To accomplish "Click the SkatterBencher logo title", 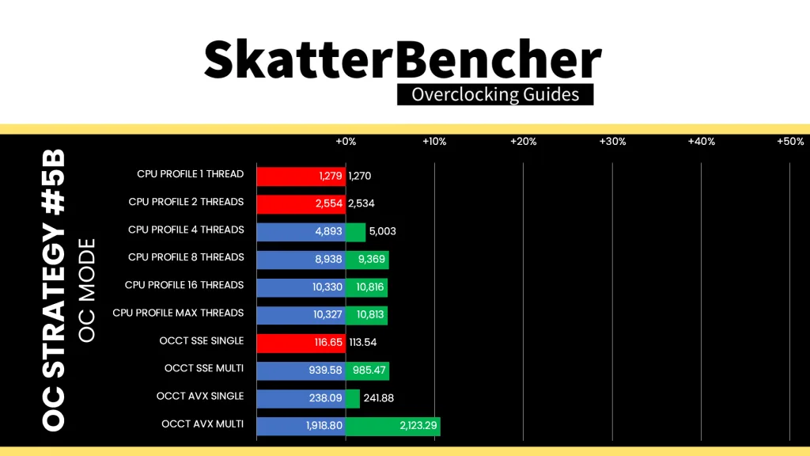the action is [403, 60].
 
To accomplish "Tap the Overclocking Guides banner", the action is [495, 95].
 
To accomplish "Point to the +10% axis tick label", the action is [434, 142].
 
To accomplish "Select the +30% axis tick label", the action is [612, 142].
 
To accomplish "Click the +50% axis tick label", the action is [790, 142].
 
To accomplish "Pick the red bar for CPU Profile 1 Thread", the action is [301, 177].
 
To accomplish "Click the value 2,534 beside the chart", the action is [361, 203].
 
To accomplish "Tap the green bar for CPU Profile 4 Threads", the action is [355, 232].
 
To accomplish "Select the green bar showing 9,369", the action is [367, 260].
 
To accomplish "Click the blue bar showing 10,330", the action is [301, 287].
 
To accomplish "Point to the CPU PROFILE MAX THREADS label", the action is [178, 313].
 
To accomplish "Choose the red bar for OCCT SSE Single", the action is [301, 343].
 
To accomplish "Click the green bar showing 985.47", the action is [367, 370].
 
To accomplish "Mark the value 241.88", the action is [379, 398].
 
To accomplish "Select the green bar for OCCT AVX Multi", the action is [392, 426].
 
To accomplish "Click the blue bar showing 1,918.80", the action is [301, 426].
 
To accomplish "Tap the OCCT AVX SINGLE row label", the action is [200, 396].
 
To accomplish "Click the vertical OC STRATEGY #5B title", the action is [53, 290].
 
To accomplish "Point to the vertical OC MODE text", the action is [87, 290].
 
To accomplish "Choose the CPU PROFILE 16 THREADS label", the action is [184, 285].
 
